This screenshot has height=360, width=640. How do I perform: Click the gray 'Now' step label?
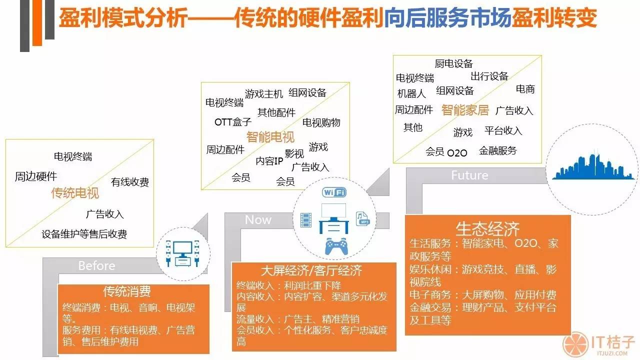pos(258,220)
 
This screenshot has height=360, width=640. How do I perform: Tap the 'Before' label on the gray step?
pos(96,265)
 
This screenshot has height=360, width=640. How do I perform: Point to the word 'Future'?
pos(469,175)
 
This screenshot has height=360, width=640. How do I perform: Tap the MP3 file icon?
pos(362,218)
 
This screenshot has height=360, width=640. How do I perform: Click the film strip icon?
pos(306,219)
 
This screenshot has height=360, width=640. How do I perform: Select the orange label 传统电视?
pos(75,192)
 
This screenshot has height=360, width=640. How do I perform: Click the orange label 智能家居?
pos(465,110)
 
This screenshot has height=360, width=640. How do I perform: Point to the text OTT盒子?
pos(233,122)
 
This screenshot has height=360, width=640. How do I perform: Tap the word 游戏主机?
pos(264,93)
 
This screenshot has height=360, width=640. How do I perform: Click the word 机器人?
pos(411,93)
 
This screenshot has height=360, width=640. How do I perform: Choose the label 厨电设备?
pos(453,63)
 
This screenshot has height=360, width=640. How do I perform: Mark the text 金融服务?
pos(497,150)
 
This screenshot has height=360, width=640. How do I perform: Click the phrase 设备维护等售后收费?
pos(84,234)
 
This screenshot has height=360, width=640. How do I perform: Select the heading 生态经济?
pos(487,228)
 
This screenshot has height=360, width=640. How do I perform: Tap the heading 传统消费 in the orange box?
pos(127,291)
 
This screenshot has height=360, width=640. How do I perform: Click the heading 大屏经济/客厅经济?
pos(311,271)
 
